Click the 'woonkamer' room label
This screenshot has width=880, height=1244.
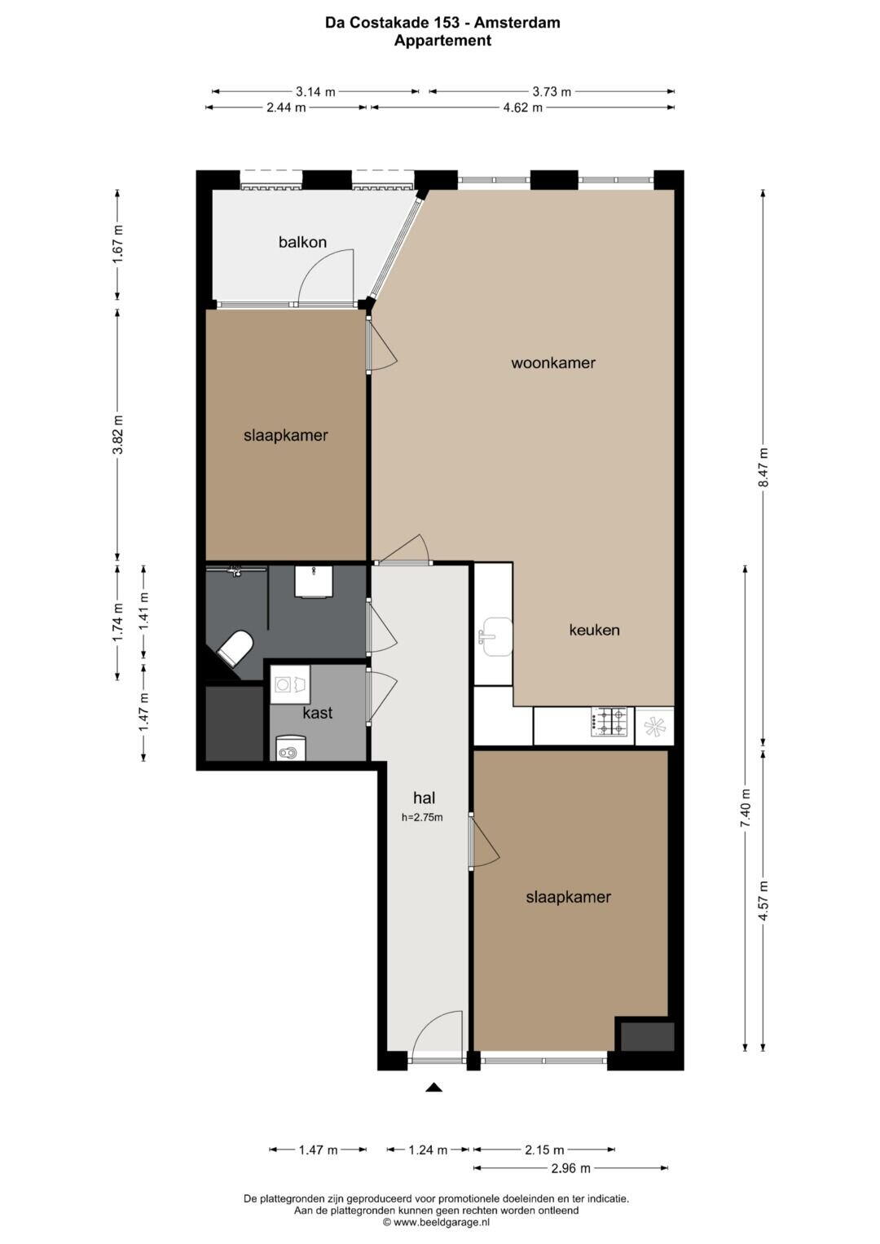[552, 363]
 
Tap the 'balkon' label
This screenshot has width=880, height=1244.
[302, 242]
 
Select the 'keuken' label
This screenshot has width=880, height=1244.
[594, 630]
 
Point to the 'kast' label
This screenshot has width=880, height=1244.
[318, 713]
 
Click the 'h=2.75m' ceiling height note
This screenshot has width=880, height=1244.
[422, 817]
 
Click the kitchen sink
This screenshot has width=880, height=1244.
[496, 637]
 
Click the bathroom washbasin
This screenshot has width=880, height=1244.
[314, 582]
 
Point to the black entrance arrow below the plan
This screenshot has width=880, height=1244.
[433, 1088]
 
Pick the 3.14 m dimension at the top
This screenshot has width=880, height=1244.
[315, 91]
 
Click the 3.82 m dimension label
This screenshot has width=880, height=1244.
[117, 434]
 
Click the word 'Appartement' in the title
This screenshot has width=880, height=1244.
[442, 41]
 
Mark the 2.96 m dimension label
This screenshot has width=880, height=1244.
[570, 1168]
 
